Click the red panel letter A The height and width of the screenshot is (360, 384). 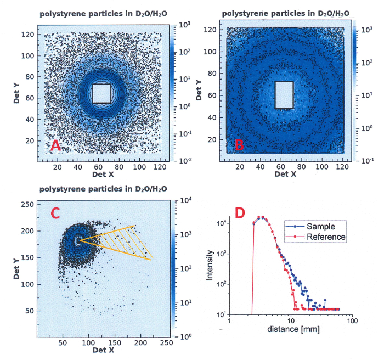click(x=55, y=146)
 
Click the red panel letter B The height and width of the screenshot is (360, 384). click(x=239, y=146)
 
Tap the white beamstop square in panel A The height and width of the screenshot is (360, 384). click(x=102, y=93)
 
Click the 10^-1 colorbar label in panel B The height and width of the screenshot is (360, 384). click(x=367, y=161)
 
